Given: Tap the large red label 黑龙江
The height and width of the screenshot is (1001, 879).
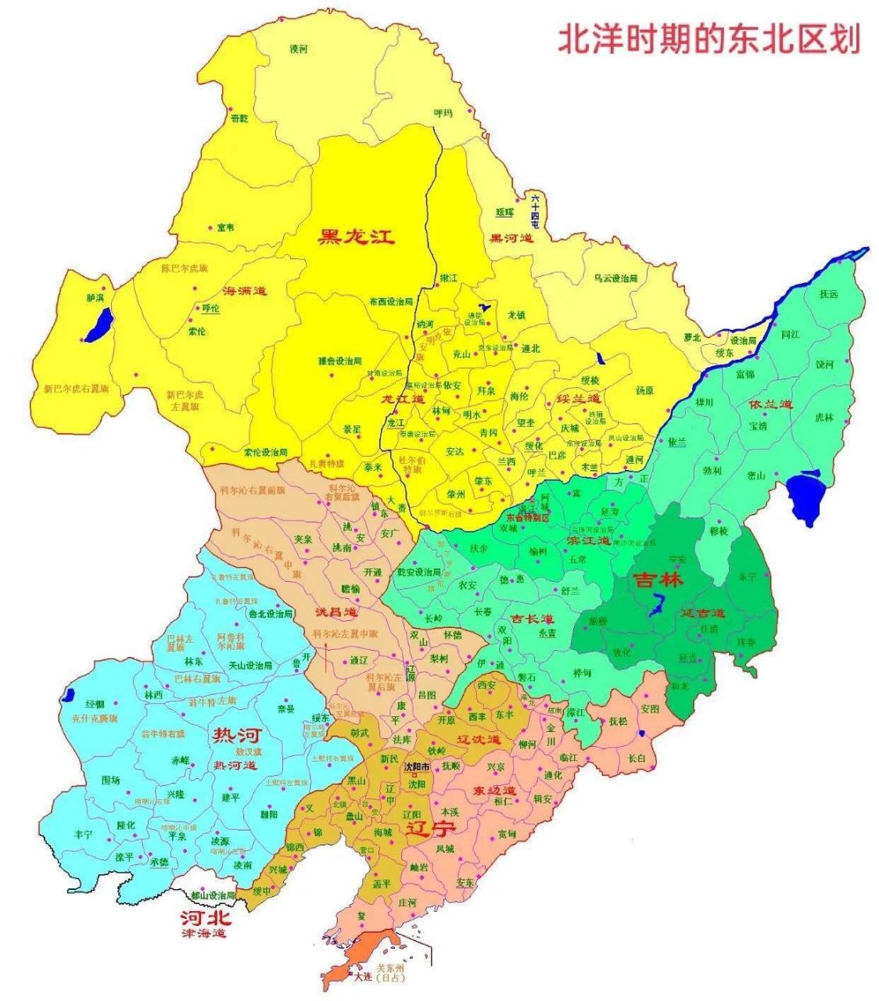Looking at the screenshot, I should (356, 236).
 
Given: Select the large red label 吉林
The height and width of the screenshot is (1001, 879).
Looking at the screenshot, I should (658, 580).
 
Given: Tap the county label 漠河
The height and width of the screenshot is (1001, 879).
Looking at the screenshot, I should (299, 49).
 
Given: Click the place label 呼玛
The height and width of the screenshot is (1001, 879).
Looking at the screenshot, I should (443, 113).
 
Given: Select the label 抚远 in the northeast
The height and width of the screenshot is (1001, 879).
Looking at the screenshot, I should (828, 295).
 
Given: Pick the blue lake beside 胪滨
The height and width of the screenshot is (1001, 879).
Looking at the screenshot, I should (100, 325).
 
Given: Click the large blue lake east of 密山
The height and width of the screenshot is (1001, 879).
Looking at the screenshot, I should (806, 497).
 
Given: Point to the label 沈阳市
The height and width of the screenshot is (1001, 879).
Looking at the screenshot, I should (416, 767).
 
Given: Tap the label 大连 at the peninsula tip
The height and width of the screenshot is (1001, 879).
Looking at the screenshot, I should (362, 977).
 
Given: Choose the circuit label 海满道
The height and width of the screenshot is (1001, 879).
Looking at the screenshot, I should (244, 291).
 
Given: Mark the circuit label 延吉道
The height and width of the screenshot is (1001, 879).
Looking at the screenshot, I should (701, 613).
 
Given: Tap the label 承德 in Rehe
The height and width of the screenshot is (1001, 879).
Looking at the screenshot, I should (159, 862).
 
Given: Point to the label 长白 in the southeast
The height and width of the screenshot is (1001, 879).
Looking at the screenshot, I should (637, 758).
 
